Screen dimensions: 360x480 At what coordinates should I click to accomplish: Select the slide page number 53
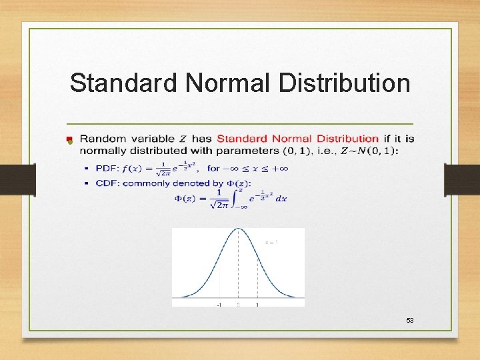pyautogui.click(x=410, y=321)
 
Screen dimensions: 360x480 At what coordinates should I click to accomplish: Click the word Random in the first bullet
pyautogui.click(x=102, y=139)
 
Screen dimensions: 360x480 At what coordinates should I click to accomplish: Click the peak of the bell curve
pyautogui.click(x=239, y=230)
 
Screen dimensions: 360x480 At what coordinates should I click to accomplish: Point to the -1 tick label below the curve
pyautogui.click(x=219, y=305)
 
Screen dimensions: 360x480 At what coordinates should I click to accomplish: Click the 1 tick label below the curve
pyautogui.click(x=257, y=305)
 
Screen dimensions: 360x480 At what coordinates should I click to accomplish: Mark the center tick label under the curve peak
pyautogui.click(x=239, y=305)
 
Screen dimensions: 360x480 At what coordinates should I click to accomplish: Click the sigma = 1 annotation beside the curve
pyautogui.click(x=271, y=243)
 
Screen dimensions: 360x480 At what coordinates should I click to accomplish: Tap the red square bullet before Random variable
pyautogui.click(x=69, y=139)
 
